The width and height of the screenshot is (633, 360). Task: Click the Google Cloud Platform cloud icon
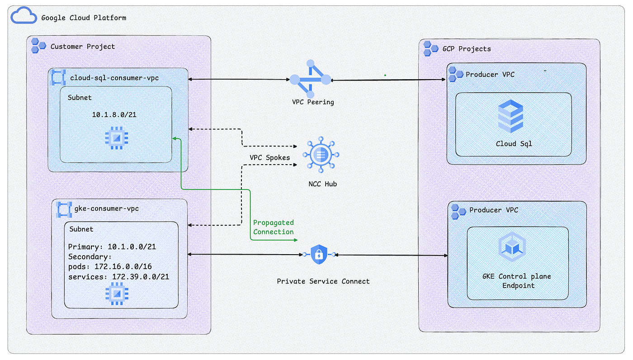pos(24,15)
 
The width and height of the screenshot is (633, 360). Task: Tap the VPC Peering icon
pos(310,79)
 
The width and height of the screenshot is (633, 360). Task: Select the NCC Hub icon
pos(321,155)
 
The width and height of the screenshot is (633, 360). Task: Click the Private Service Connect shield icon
pos(319,254)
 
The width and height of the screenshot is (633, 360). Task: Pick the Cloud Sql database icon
pos(510,116)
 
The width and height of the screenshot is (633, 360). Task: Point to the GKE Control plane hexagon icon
pos(512,246)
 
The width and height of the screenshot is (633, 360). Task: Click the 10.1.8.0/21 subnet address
pos(114,115)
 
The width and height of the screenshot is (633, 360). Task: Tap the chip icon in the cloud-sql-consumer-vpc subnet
pos(117,138)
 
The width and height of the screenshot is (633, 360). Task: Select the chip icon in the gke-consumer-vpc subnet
pos(117,294)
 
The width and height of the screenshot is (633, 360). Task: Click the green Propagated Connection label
pos(273,227)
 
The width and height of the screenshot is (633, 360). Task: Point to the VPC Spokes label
pos(269,158)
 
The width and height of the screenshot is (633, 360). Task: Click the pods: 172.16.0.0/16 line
pos(110,266)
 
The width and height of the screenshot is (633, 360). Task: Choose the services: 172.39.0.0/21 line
pos(118,277)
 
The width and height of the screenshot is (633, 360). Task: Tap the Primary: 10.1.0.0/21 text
pos(112,246)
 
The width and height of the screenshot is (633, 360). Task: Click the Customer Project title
pos(82,46)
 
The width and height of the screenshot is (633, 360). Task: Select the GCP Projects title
pos(467,49)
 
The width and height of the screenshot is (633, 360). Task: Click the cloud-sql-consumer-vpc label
pos(114,78)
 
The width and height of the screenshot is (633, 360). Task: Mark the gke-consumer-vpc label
pos(107,208)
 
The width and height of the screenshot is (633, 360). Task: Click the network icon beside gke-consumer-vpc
pos(64,210)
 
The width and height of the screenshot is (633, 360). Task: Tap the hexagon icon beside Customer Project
pos(38,46)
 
